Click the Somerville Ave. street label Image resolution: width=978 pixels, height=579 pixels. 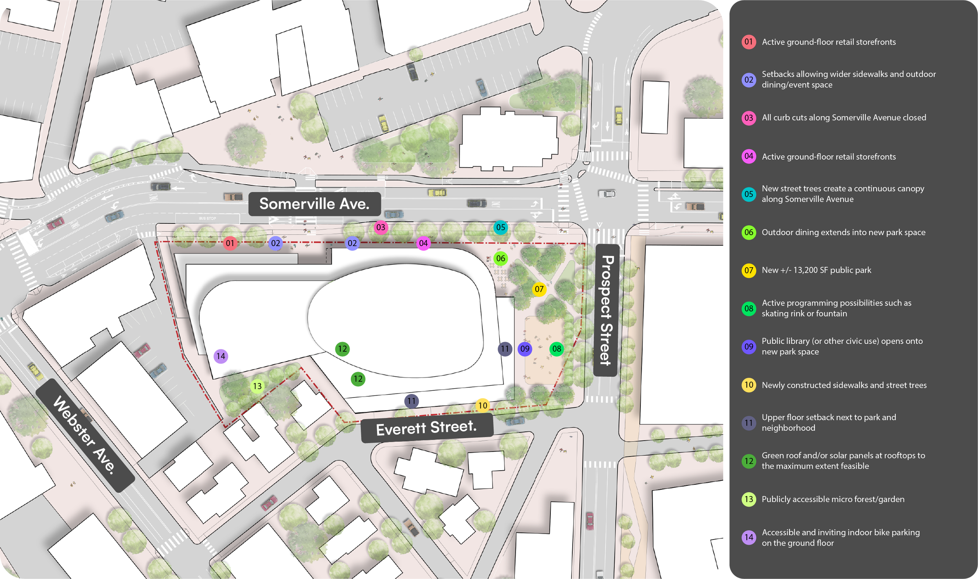(315, 204)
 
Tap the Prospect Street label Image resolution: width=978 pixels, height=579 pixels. (606, 310)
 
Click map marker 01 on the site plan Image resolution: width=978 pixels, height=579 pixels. (230, 243)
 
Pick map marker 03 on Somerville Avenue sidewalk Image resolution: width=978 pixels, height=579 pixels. (381, 227)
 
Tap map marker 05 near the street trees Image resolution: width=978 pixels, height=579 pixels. (500, 227)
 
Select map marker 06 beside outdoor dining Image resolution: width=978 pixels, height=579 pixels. (500, 258)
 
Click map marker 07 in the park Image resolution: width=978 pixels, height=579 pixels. (539, 289)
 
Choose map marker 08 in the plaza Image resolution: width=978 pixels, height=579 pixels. (556, 349)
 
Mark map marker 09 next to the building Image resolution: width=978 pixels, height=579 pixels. (525, 349)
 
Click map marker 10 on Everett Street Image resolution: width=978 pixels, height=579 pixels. (483, 405)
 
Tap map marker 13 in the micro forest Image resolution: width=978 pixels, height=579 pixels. (257, 386)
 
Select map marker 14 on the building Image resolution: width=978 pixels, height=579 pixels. (221, 356)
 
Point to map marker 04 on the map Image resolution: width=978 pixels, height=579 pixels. (423, 243)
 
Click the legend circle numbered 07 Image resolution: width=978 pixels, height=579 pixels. (748, 270)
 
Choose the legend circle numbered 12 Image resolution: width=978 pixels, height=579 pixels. (748, 461)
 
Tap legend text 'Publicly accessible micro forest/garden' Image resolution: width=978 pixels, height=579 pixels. (833, 499)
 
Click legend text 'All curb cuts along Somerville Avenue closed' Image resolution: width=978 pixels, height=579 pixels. (843, 117)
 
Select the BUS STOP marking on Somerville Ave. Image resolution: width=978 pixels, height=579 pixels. (207, 218)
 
